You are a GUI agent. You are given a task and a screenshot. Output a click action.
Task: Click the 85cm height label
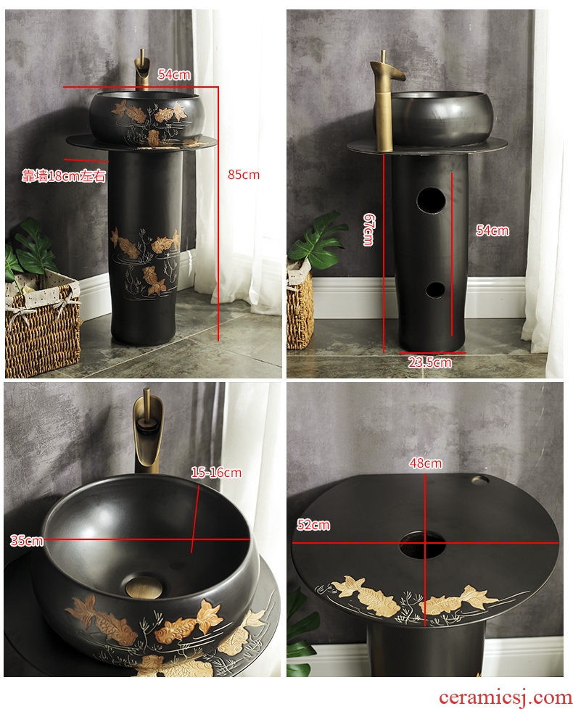[x=244, y=175]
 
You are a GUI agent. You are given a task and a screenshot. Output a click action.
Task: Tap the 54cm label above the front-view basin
[x=174, y=75]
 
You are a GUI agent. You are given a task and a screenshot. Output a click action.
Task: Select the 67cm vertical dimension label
[x=368, y=229]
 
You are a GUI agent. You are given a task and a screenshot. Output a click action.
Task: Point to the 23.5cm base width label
[x=429, y=362]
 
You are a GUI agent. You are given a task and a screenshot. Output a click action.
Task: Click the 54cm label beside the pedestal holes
[x=492, y=231]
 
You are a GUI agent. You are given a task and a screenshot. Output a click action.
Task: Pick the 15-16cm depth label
[x=216, y=473]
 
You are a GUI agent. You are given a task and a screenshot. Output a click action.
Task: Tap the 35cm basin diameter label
[x=27, y=540]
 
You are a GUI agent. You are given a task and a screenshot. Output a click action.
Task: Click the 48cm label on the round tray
[x=426, y=463]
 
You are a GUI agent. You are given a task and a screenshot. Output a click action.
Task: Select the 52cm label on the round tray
[x=313, y=525]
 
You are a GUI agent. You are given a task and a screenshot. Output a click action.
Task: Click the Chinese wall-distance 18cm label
[x=64, y=176]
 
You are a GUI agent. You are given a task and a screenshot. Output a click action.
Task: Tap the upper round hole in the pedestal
[x=431, y=200]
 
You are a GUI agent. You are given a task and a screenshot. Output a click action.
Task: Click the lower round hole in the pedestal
[x=436, y=290]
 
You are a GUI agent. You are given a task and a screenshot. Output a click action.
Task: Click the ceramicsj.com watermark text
[x=505, y=697]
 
